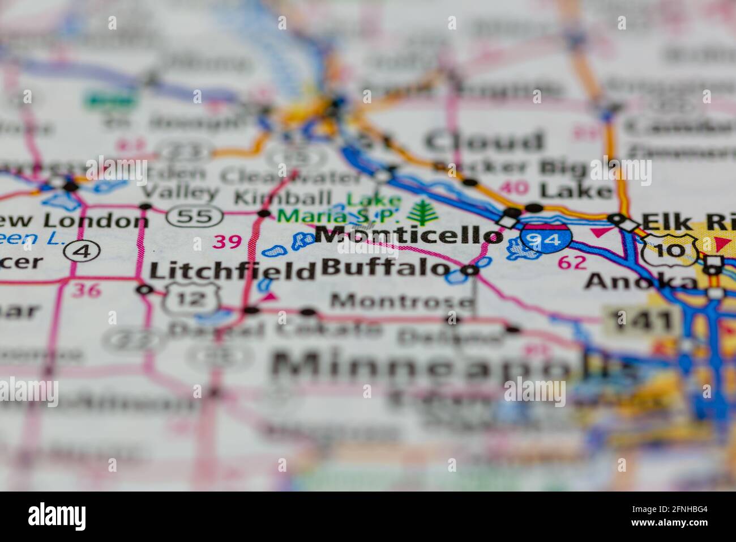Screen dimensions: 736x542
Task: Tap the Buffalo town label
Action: pos(386,267)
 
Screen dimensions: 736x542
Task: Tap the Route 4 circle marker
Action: pos(83,250)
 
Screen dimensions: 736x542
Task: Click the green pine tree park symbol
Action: pos(421,213)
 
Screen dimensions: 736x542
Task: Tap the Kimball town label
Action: pos(283,198)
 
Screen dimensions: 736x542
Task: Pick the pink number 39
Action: pos(227,242)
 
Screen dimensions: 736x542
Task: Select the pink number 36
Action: pos(87,291)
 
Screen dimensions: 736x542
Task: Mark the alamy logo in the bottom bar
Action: pos(57,516)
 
